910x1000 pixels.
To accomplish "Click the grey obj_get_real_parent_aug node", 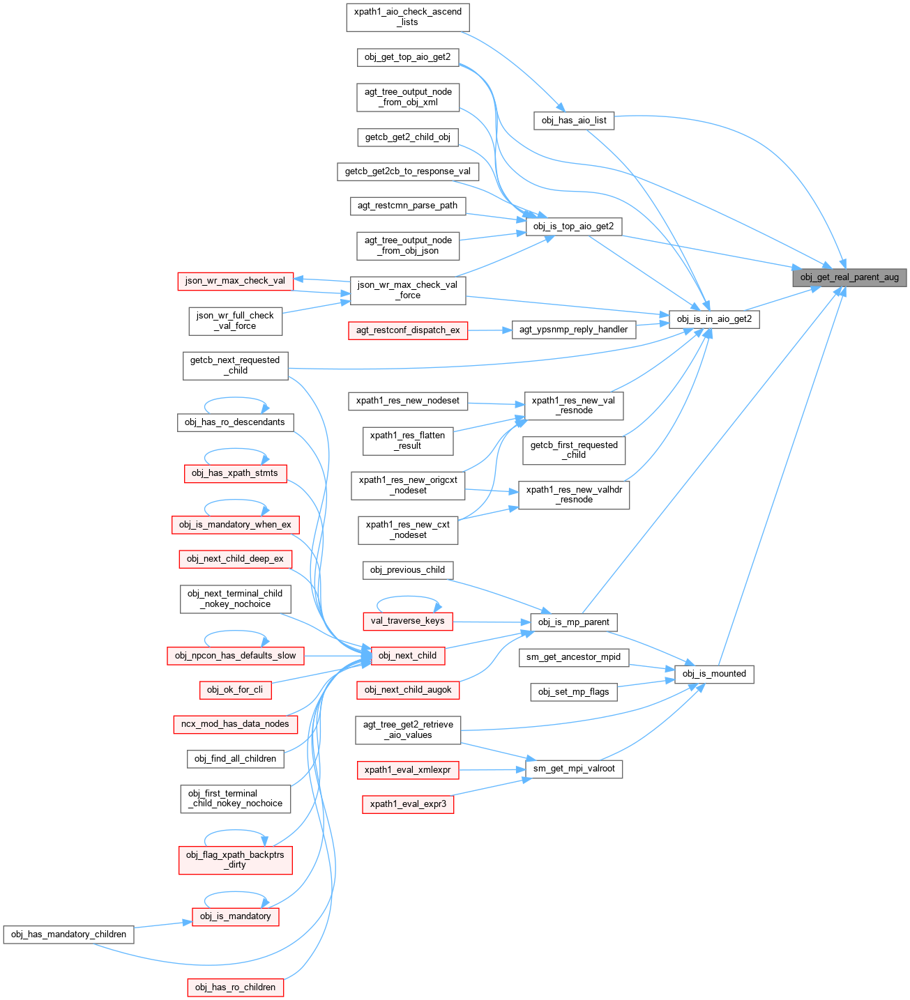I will click(849, 277).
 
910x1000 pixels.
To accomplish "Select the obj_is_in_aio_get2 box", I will click(714, 319).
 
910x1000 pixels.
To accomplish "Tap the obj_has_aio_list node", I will click(574, 121).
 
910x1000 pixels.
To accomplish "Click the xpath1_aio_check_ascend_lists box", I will click(408, 17).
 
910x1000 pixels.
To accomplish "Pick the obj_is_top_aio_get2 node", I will click(573, 226).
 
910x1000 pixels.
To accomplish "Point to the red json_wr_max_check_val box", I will click(235, 281).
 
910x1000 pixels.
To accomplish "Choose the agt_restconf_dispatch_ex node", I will click(408, 330).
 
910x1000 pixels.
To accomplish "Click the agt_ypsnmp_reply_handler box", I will click(573, 330).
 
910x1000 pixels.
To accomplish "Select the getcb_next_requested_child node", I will click(235, 365).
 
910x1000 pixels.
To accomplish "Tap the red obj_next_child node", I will click(407, 656).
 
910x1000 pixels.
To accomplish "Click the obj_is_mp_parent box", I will click(573, 622).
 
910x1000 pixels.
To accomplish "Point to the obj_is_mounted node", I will click(714, 674).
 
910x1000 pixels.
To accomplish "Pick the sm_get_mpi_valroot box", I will click(573, 769).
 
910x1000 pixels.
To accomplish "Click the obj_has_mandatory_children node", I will click(68, 934).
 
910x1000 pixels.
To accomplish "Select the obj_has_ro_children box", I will click(235, 987).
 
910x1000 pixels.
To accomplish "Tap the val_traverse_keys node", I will click(407, 621).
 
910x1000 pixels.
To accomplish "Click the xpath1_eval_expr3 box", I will click(408, 804).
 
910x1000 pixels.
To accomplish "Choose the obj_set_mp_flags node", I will click(573, 692).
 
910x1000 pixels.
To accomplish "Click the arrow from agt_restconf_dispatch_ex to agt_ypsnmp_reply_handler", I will click(490, 330).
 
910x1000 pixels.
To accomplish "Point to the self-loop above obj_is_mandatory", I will click(236, 892).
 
